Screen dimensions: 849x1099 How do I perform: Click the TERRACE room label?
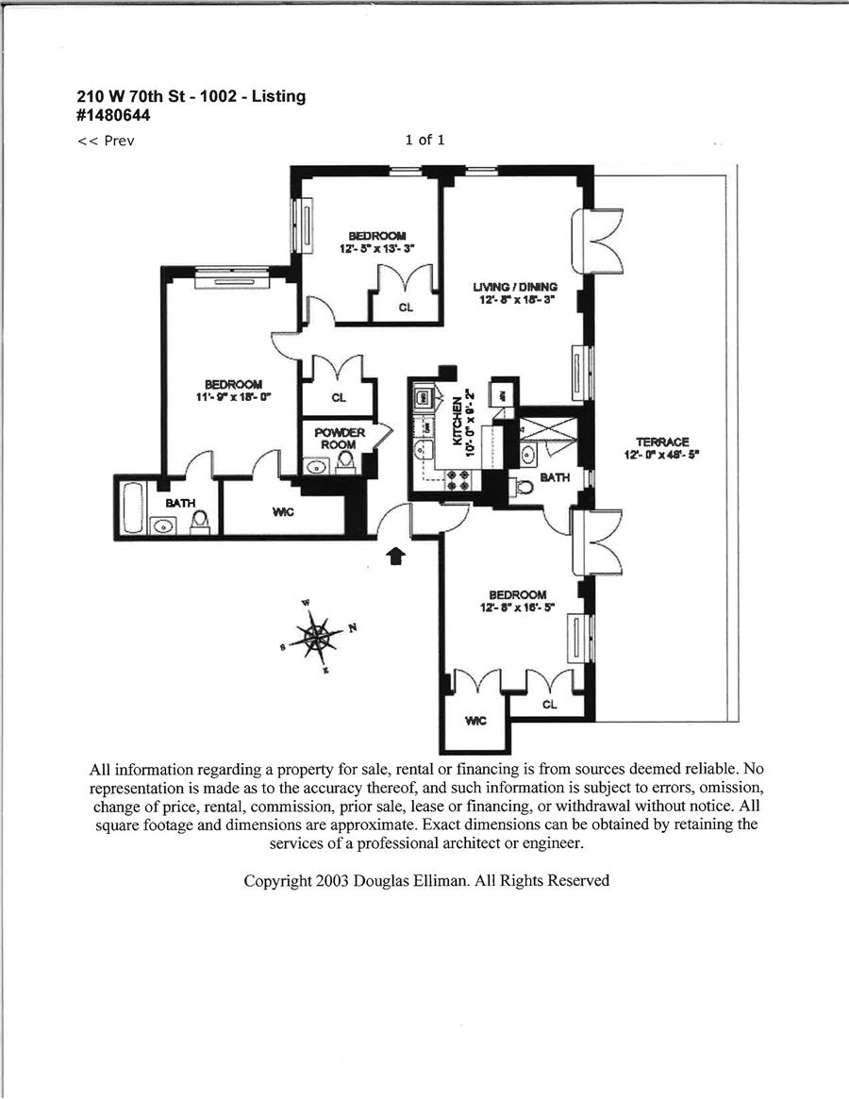coord(662,441)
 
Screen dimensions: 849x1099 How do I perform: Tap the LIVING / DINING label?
coord(515,287)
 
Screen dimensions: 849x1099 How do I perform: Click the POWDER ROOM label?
coord(339,439)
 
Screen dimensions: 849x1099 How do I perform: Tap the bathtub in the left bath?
coord(131,510)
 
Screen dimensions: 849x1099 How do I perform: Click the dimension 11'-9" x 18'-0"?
coord(233,396)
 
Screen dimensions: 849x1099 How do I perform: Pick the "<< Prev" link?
coord(106,142)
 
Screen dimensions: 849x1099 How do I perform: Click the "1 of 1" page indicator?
coord(424,140)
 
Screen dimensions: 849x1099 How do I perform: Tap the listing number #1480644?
coord(113,116)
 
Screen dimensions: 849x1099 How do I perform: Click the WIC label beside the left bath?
coord(283,512)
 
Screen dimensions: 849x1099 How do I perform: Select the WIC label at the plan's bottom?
coord(475,721)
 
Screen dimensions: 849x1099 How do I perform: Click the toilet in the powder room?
coord(345,461)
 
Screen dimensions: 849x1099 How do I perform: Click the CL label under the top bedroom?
coord(406,306)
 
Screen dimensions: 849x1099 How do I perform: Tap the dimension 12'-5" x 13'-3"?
coord(377,248)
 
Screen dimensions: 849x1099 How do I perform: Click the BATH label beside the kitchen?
coord(555,478)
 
